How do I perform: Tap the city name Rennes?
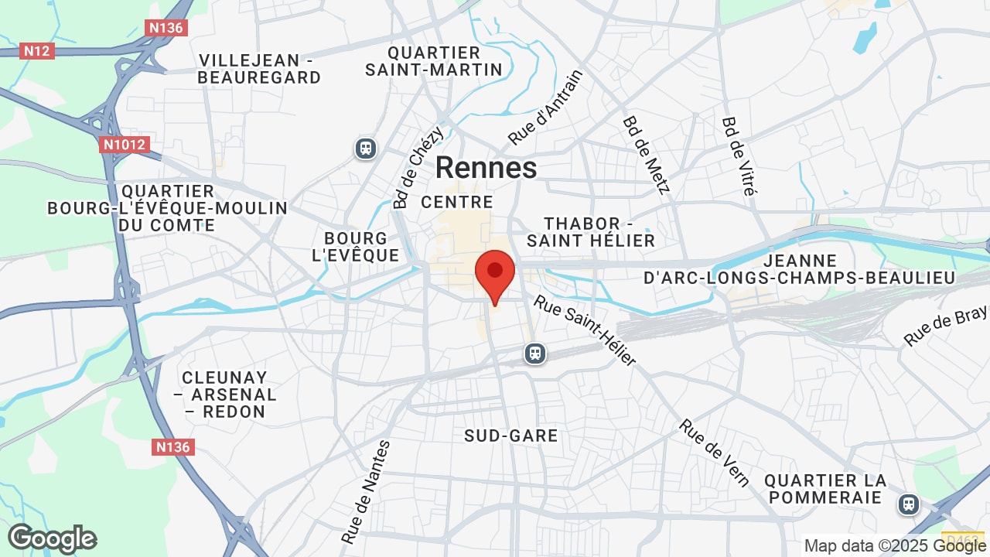point(486,168)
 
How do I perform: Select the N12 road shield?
point(37,51)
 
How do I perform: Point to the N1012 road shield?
point(124,145)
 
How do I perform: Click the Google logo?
point(52,538)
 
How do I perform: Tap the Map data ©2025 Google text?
point(896,545)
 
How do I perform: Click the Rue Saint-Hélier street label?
point(585,331)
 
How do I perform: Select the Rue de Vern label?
point(715,453)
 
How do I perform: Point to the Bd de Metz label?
point(647,155)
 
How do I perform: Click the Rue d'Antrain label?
point(545,108)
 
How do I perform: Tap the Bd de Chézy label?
point(418,168)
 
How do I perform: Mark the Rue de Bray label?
point(946,325)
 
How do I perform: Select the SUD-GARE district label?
point(511,436)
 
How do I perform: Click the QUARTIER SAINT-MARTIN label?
point(434,61)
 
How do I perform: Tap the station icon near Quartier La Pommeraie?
point(908,504)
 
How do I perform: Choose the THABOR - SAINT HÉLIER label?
point(591,232)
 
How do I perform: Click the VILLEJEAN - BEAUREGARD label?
point(259,69)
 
